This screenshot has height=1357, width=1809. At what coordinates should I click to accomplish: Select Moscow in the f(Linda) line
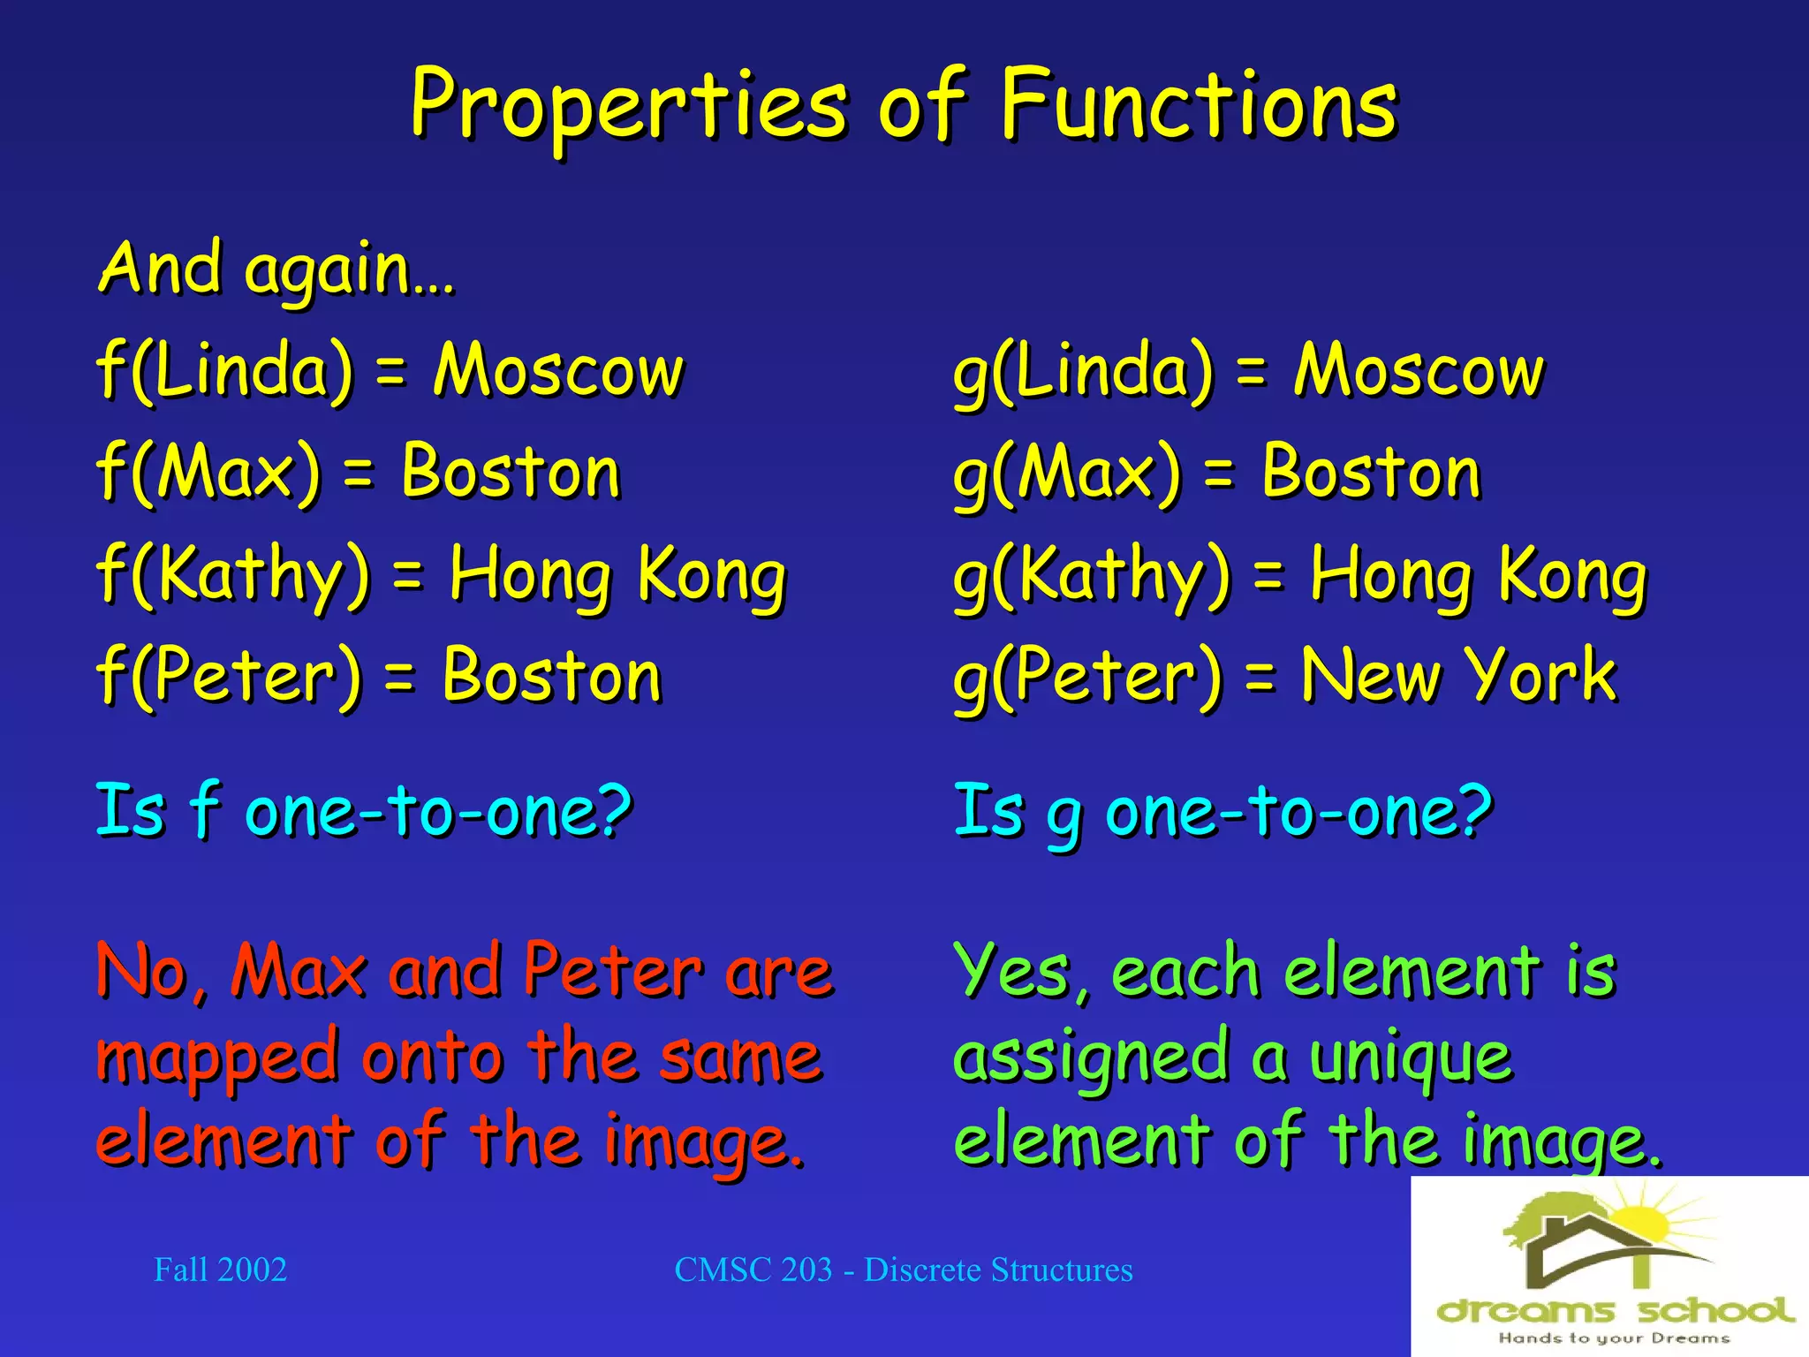pyautogui.click(x=558, y=370)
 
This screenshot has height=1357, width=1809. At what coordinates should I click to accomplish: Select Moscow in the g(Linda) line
pyautogui.click(x=1419, y=370)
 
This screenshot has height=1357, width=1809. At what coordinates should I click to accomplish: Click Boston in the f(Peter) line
pyautogui.click(x=552, y=676)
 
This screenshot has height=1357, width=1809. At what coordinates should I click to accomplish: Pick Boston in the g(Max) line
pyautogui.click(x=1371, y=473)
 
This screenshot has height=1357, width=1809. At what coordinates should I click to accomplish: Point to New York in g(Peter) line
pyautogui.click(x=1458, y=676)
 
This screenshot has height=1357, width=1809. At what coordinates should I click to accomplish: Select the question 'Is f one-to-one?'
pyautogui.click(x=364, y=810)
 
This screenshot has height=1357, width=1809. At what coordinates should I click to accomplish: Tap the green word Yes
pyautogui.click(x=1012, y=971)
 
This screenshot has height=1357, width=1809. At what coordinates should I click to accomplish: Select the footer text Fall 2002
pyautogui.click(x=220, y=1270)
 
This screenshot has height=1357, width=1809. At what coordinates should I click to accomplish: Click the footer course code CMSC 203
pyautogui.click(x=753, y=1270)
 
